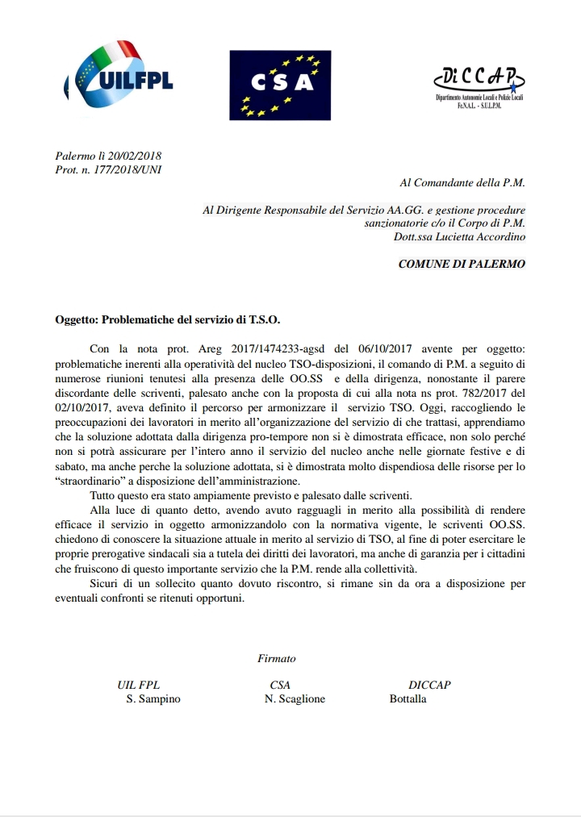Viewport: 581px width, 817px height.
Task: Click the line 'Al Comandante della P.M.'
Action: click(462, 183)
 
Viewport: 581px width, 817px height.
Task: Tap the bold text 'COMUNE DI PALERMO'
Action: click(462, 264)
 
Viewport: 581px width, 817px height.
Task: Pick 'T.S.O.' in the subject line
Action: click(264, 319)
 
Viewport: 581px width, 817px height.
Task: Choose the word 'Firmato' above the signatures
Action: click(277, 658)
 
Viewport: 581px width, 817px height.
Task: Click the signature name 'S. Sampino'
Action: click(153, 699)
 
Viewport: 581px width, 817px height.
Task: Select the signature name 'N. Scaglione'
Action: click(295, 699)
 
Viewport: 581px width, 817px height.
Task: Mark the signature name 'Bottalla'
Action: click(408, 699)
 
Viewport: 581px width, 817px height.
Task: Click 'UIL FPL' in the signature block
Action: click(139, 685)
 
